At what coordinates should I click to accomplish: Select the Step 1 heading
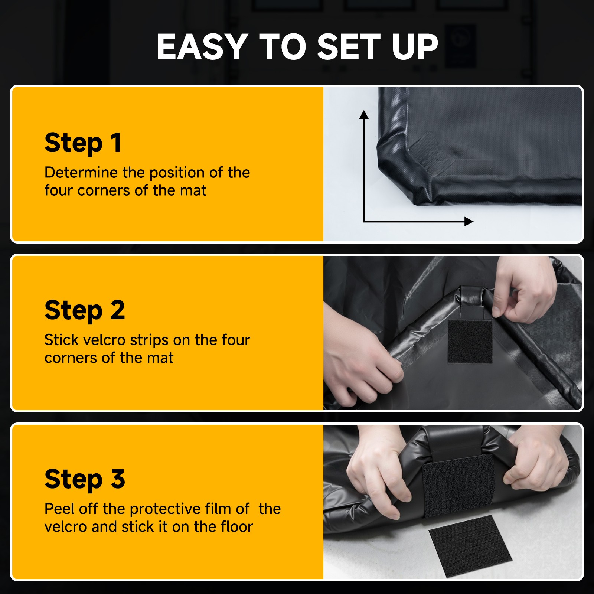point(83,143)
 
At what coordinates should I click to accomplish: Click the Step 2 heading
point(85,310)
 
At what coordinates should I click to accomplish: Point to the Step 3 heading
point(85,479)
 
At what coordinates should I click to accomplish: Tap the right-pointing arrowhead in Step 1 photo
point(469,222)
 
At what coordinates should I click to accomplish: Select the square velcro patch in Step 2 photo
point(470,341)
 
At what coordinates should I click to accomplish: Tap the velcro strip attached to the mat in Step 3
point(459,484)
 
